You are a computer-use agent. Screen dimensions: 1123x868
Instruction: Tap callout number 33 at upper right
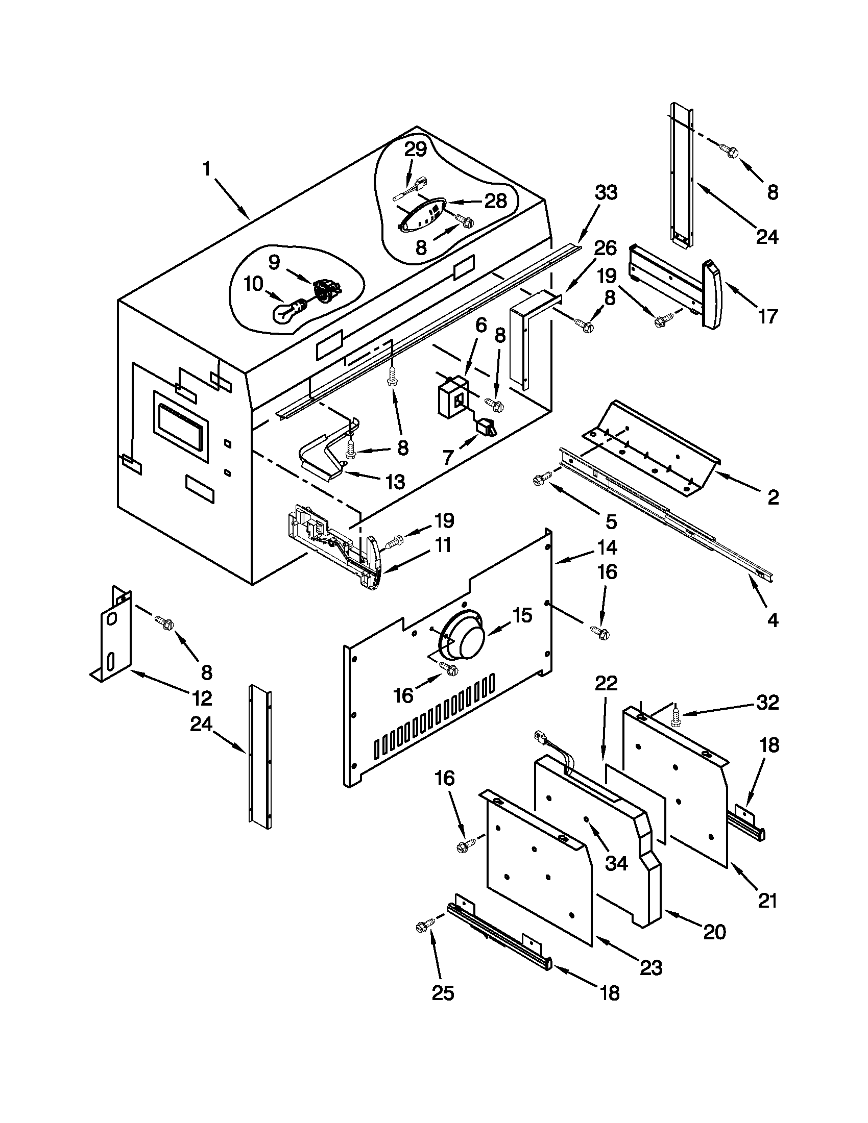click(606, 193)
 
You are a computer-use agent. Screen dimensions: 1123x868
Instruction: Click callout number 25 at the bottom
click(443, 993)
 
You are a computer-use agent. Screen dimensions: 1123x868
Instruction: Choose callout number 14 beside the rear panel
click(607, 547)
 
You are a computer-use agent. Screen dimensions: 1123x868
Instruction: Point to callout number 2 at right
click(773, 497)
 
